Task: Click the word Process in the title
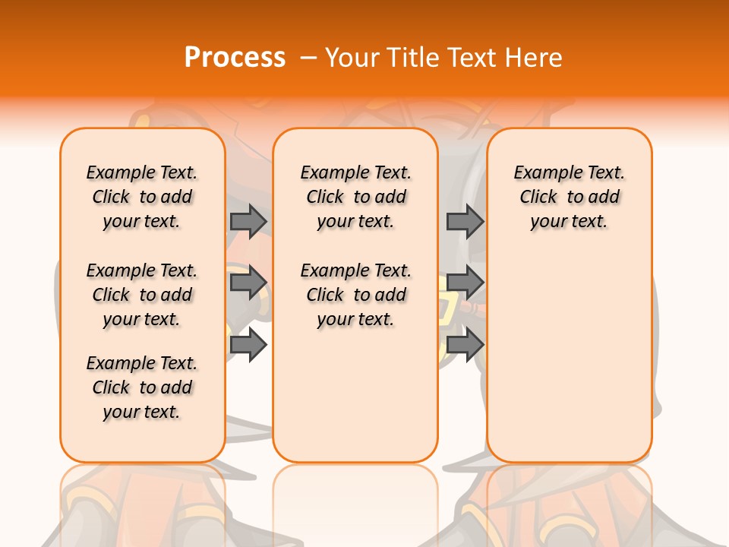(x=235, y=58)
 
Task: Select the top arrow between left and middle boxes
(x=248, y=221)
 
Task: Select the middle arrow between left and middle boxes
(x=248, y=283)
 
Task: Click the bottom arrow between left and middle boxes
(x=248, y=345)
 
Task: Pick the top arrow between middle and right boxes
(x=465, y=221)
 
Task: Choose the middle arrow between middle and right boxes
(x=465, y=283)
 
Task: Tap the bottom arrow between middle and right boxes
(x=465, y=345)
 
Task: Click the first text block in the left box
(x=142, y=197)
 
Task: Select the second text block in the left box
(x=142, y=295)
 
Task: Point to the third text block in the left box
(x=142, y=387)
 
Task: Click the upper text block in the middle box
(x=355, y=197)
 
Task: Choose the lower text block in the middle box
(x=355, y=295)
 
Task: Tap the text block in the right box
(x=569, y=197)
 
